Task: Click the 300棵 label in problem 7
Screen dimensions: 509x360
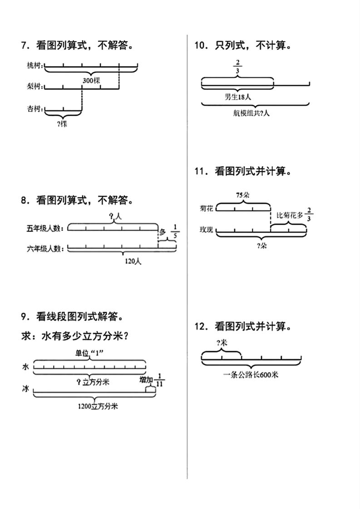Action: [x=91, y=81]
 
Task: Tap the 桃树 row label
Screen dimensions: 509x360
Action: [x=35, y=66]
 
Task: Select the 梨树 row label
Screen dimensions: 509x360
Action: [x=35, y=86]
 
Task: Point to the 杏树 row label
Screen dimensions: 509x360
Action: [x=35, y=109]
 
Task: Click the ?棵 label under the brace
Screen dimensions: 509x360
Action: [x=63, y=123]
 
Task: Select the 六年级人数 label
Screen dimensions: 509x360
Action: [x=44, y=248]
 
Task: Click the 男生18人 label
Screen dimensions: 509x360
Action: [x=238, y=97]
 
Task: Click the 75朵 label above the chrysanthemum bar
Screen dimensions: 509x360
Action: [x=243, y=195]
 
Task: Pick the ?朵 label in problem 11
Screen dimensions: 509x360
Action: [x=261, y=246]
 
